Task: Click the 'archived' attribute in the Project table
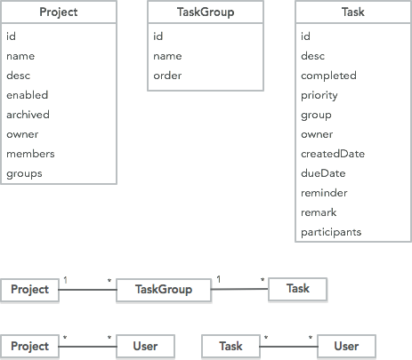[28, 115]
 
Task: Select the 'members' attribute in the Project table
[30, 154]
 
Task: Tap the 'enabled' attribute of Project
[28, 95]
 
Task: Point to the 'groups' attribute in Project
[24, 174]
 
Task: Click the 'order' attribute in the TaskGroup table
[167, 76]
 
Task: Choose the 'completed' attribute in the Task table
[328, 76]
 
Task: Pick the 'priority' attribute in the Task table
[319, 96]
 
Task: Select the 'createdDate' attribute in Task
[333, 154]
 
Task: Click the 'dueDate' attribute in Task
[323, 173]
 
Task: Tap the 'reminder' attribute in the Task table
[324, 193]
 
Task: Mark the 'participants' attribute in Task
[331, 233]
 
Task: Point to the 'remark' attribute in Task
[319, 212]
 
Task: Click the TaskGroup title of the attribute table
[206, 12]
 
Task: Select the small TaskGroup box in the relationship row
[164, 290]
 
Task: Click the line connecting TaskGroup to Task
[239, 289]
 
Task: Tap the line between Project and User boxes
[88, 346]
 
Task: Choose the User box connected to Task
[346, 346]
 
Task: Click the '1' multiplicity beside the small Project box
[65, 280]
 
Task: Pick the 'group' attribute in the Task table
[316, 116]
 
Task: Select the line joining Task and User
[288, 346]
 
